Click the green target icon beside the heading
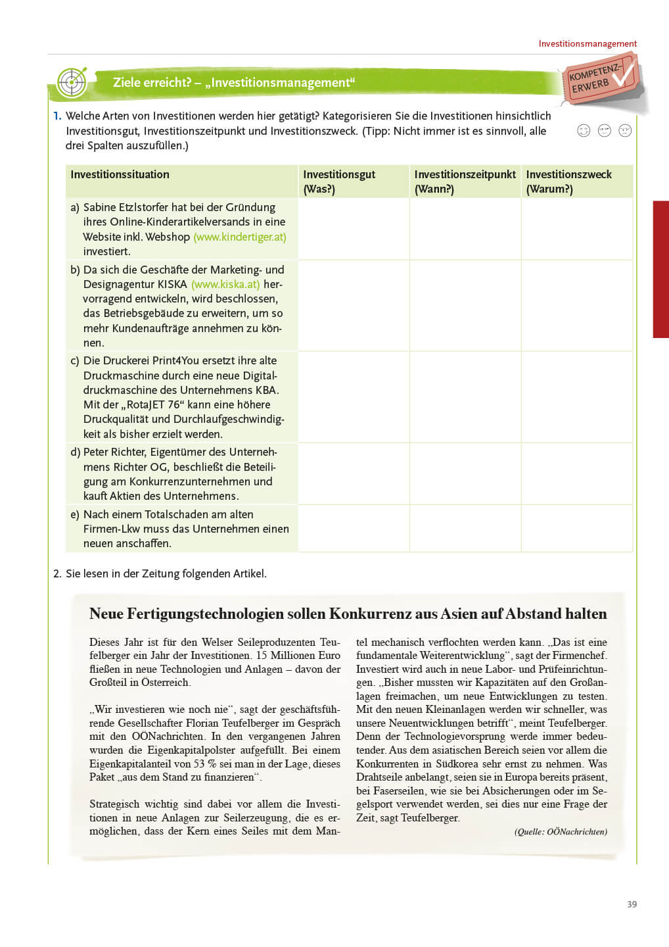(72, 82)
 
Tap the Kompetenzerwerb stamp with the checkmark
(601, 80)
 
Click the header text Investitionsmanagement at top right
(588, 44)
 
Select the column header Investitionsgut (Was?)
(339, 182)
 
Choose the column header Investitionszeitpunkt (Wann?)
(465, 182)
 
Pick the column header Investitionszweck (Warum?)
(568, 182)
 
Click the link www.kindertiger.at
(240, 237)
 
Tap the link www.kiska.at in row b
(225, 284)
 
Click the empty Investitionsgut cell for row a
(354, 229)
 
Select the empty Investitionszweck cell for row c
(576, 397)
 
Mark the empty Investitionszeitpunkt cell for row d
(465, 473)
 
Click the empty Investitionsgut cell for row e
(354, 529)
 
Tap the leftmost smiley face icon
(584, 130)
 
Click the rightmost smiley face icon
(625, 130)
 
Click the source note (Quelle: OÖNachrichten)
(561, 832)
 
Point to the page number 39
(632, 904)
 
